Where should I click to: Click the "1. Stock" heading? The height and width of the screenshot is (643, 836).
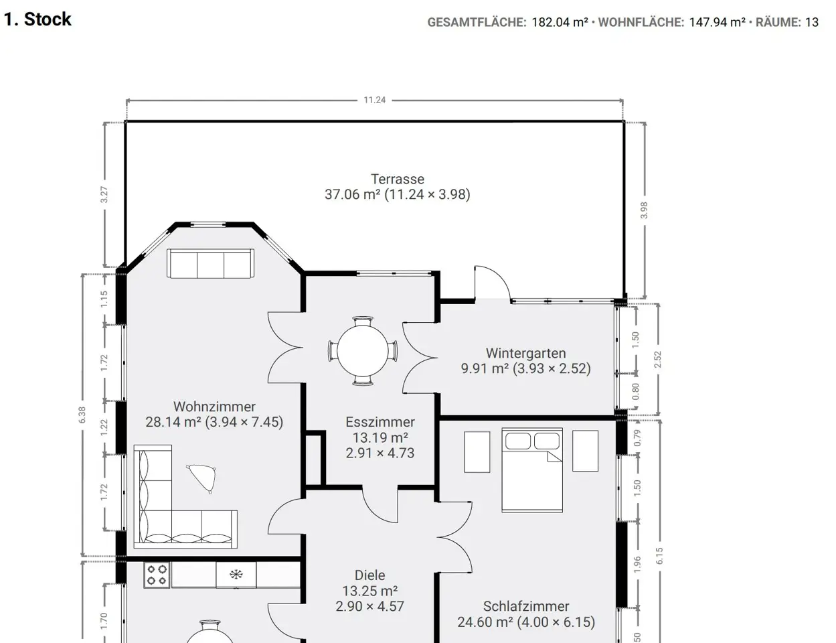point(37,19)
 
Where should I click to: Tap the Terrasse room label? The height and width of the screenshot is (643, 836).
point(398,179)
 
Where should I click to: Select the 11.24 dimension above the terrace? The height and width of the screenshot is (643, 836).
point(374,100)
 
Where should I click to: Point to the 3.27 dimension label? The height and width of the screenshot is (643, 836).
point(104,195)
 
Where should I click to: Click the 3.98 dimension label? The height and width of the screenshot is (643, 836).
point(644,210)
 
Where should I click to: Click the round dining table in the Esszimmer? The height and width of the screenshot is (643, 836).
point(363,350)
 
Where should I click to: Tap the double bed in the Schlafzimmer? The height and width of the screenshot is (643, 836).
point(532,470)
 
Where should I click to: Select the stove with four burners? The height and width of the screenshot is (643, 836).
point(157,575)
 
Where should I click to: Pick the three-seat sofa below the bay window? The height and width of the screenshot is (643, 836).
point(210,264)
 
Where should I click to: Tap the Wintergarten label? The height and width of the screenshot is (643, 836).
point(525,353)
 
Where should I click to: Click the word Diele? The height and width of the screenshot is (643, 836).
point(369,575)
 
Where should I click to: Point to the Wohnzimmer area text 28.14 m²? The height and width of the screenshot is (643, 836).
point(173,422)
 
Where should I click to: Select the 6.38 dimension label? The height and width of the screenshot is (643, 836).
point(82,415)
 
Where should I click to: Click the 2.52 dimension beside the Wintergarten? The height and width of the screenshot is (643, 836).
point(657,360)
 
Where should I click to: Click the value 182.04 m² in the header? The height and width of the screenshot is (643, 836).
point(560,22)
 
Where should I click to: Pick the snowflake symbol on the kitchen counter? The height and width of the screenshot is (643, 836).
point(236,575)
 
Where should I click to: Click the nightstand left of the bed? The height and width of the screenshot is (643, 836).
point(477,451)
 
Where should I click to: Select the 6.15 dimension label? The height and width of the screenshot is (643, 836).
point(659,556)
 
